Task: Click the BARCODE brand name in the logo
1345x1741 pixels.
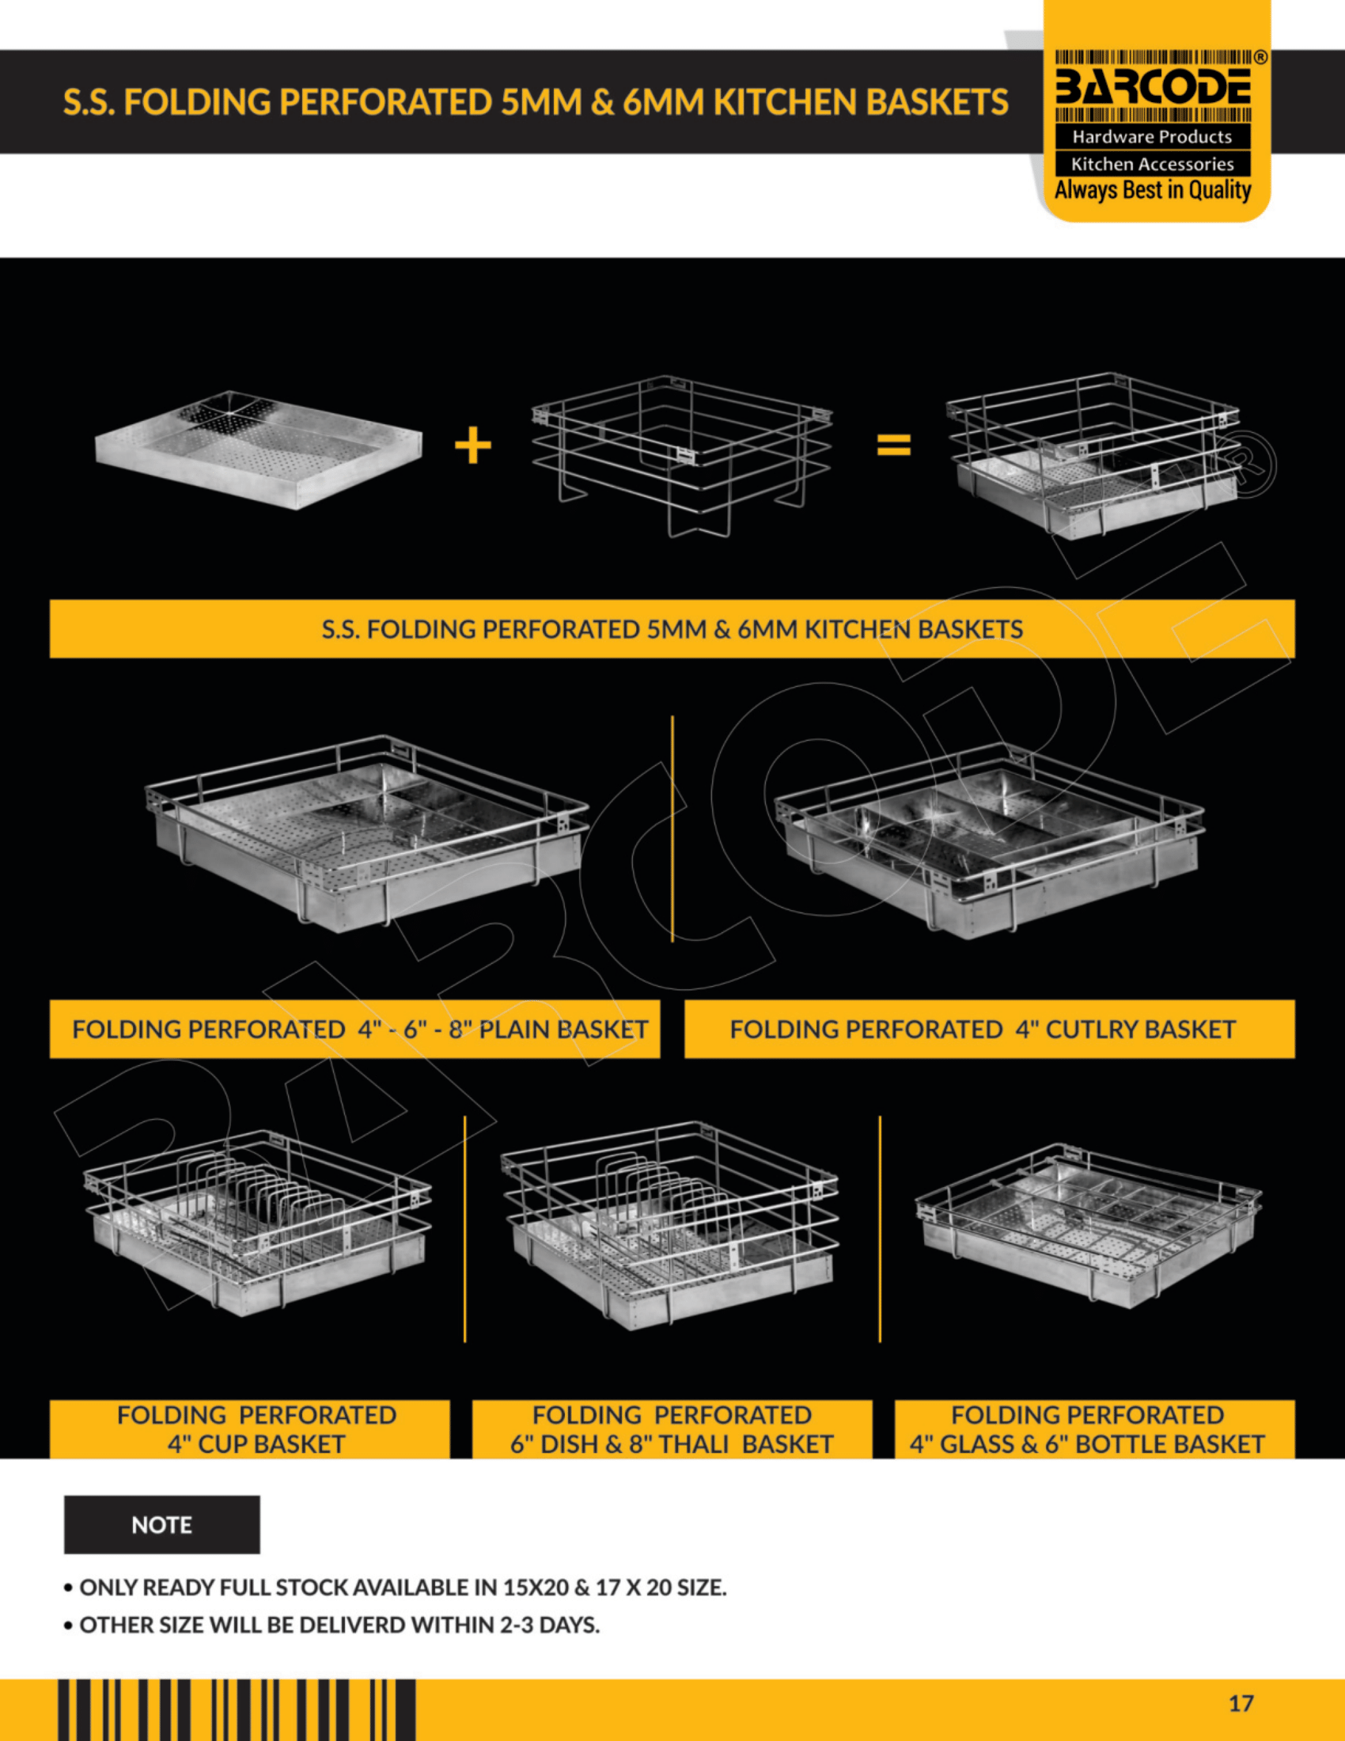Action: tap(1153, 87)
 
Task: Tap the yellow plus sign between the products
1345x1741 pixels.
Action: tap(473, 445)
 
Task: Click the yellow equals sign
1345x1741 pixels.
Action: tap(893, 445)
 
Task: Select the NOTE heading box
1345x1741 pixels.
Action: tap(161, 1524)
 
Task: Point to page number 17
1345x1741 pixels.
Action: tap(1241, 1704)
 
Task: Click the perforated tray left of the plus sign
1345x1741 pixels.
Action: tap(258, 449)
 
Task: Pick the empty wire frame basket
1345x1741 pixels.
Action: tap(682, 455)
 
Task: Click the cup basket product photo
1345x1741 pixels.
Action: tap(257, 1223)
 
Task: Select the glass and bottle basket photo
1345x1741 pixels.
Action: tap(1089, 1225)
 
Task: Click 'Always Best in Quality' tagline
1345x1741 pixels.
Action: tap(1153, 190)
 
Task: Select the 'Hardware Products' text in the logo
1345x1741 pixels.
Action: tap(1152, 136)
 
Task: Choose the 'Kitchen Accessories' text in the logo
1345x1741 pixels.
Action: tap(1152, 165)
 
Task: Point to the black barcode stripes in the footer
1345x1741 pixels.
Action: tap(237, 1711)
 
